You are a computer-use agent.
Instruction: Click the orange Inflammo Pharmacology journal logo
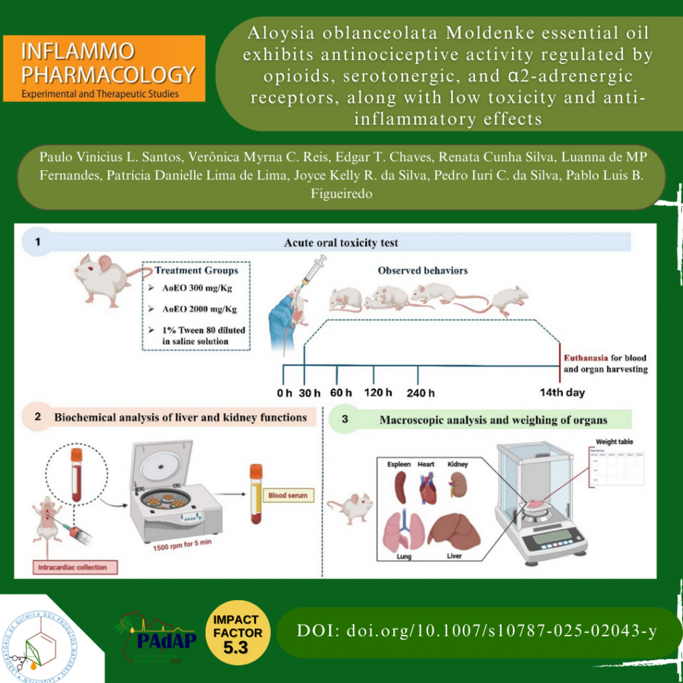[x=104, y=68]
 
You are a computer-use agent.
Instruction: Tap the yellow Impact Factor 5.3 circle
[x=237, y=633]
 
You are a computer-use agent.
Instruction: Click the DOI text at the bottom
[x=477, y=631]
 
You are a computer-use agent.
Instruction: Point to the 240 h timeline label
[x=421, y=393]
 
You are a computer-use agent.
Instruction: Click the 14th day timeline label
[x=562, y=392]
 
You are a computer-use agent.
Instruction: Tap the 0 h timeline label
[x=284, y=392]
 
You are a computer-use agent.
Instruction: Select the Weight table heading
[x=614, y=442]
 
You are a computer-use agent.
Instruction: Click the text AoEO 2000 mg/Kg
[x=200, y=309]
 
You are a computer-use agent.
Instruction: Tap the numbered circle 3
[x=345, y=420]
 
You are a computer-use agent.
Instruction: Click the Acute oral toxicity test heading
[x=341, y=243]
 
